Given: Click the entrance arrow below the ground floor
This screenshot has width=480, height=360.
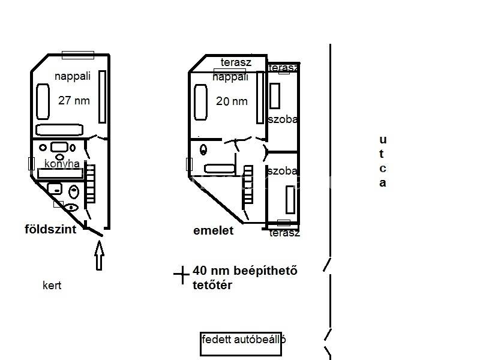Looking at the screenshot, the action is point(99,256).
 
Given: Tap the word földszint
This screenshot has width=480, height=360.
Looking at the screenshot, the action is point(50,229).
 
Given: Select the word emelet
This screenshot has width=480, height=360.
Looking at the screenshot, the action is point(214,230).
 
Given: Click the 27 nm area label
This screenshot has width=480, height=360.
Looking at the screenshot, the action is point(74,100).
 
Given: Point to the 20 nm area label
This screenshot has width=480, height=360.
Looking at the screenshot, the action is point(232,101).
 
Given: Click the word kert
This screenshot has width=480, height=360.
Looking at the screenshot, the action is point(52,286).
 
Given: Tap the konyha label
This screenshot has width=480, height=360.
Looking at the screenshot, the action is point(62,164).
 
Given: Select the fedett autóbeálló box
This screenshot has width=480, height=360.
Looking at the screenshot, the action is point(241,344).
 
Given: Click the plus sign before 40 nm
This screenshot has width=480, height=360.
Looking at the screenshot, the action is point(182,275).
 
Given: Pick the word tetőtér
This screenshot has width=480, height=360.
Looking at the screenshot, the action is point(212,285).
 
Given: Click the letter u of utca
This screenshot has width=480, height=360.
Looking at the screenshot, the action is point(383,140).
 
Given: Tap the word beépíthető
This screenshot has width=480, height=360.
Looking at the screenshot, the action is point(265,271).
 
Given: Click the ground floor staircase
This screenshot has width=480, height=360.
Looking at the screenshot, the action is point(90,184).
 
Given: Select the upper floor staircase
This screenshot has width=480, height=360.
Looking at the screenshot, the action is point(248,185).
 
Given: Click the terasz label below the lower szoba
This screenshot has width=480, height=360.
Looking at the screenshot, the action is point(284,233).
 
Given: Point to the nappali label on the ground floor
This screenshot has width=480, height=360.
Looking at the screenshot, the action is point(73,76).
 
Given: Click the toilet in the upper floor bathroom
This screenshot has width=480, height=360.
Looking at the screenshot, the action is point(203,149).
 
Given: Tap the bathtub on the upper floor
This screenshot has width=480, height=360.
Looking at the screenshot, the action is point(220,169).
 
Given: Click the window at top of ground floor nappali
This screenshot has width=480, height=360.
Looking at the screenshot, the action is point(78,55).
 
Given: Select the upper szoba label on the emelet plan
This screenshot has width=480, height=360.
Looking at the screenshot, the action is point(283,119).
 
